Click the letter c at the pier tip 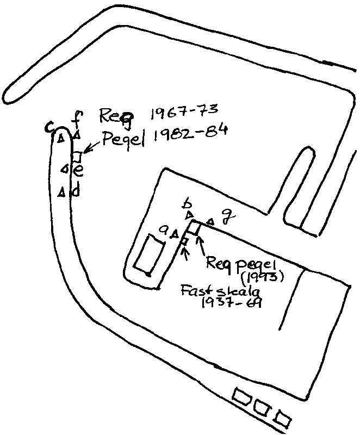49,127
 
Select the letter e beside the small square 78,171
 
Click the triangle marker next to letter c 61,138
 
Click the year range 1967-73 183,114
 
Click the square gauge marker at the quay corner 194,228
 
